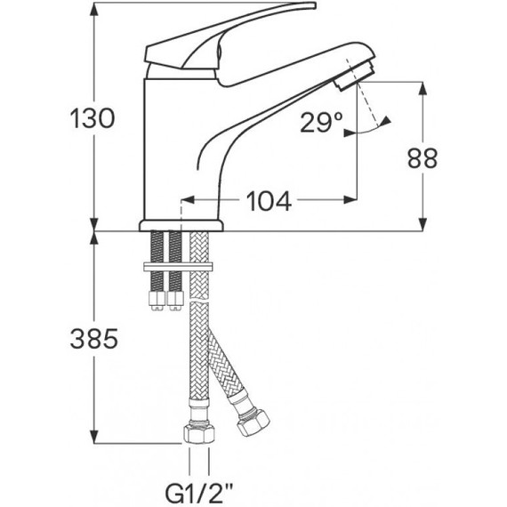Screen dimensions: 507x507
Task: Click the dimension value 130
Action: tap(92, 118)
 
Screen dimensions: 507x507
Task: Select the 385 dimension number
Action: tap(92, 338)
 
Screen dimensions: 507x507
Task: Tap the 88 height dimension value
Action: tap(423, 158)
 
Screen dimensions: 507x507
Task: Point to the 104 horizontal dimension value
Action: tap(269, 202)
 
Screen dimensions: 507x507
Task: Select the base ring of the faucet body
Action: tap(180, 224)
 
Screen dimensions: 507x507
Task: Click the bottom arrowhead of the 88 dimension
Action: tap(422, 226)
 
